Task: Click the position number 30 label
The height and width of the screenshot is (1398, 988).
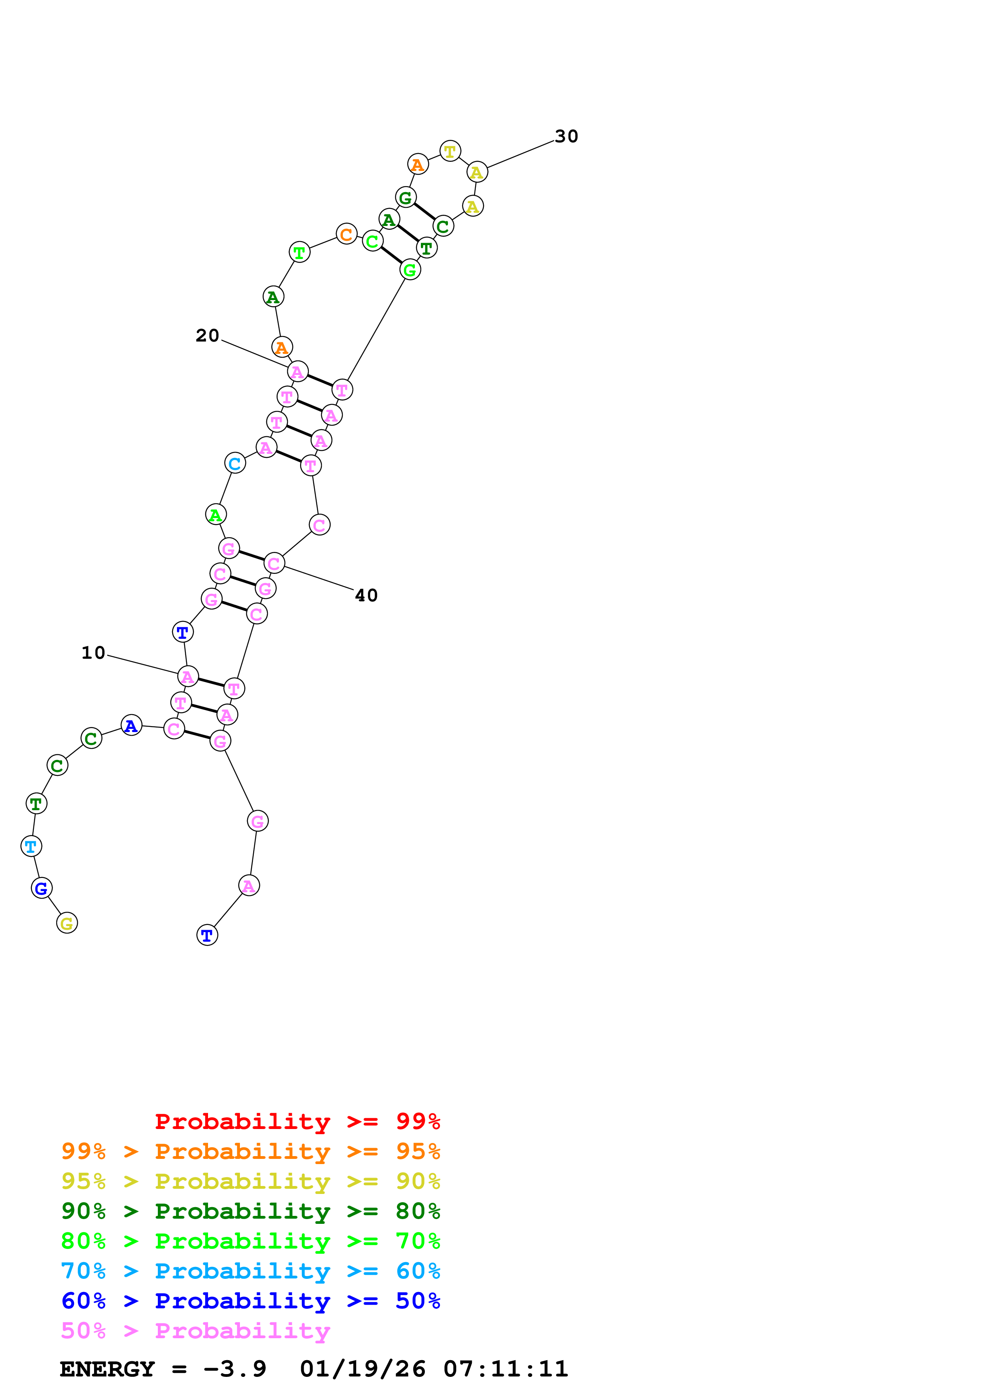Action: tap(566, 136)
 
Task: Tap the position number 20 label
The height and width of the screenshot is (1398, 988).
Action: tap(207, 336)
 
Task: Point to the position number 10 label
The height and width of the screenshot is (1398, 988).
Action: tap(93, 653)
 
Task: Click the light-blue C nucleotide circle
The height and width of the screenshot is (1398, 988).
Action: tap(235, 463)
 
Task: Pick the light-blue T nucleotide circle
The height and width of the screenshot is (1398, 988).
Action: tap(31, 846)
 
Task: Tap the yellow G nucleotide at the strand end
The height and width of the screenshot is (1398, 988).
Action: tap(67, 923)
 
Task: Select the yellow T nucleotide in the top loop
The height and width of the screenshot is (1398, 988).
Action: tap(450, 151)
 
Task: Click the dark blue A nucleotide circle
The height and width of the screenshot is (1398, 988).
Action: tap(132, 725)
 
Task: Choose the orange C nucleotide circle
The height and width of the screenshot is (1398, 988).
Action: tap(346, 234)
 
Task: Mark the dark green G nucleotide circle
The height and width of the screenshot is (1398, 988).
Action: tap(405, 197)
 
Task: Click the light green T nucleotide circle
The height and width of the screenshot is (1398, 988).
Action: tap(299, 252)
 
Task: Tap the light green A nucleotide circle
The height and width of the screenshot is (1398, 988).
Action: tap(216, 514)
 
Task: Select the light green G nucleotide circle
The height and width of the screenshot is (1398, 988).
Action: tap(410, 270)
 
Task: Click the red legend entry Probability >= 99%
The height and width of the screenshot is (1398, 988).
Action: tap(297, 1121)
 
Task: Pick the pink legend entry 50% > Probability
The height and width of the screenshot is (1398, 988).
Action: tap(195, 1330)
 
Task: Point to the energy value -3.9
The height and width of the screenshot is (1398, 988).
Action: tap(234, 1369)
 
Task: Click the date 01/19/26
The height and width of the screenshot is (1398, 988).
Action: tap(362, 1369)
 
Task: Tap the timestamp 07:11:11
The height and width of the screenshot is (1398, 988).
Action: tap(505, 1369)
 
